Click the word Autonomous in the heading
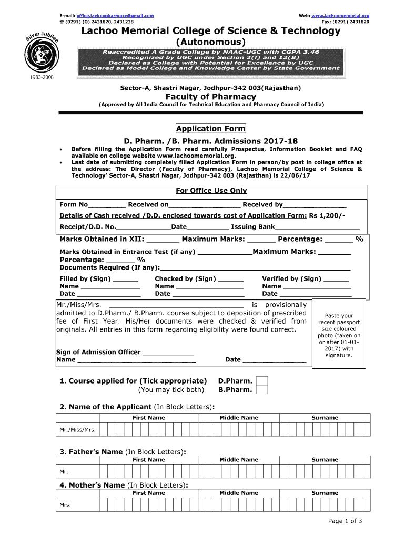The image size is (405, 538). [210, 42]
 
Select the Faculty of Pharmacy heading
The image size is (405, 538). [210, 97]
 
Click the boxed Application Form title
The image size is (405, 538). [210, 129]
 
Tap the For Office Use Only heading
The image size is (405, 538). [210, 191]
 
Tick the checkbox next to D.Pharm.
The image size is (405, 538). [261, 381]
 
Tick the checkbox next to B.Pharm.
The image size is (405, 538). [261, 390]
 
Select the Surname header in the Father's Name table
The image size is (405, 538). [325, 460]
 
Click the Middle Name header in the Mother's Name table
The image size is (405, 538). [239, 493]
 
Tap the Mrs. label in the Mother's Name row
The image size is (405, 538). [65, 505]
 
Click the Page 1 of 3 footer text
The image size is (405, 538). [345, 521]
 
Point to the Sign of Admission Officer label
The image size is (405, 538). [98, 352]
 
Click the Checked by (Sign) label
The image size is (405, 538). [185, 279]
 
